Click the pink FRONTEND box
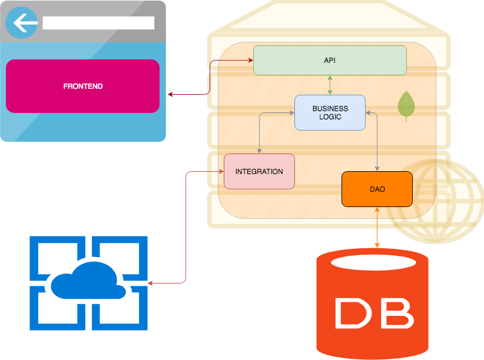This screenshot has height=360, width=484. tap(82, 86)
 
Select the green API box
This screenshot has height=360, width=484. tap(330, 60)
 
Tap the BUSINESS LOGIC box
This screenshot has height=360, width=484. tap(330, 112)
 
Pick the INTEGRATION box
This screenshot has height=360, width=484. tap(259, 171)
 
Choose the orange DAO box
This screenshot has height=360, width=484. tap(377, 189)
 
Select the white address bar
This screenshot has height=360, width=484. tap(98, 23)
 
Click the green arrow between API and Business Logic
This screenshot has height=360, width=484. tap(330, 85)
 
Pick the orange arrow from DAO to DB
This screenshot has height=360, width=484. tap(377, 227)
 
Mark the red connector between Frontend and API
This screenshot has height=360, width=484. tap(210, 76)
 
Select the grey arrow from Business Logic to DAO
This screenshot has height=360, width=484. tap(377, 141)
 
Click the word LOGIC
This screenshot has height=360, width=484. tap(330, 116)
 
